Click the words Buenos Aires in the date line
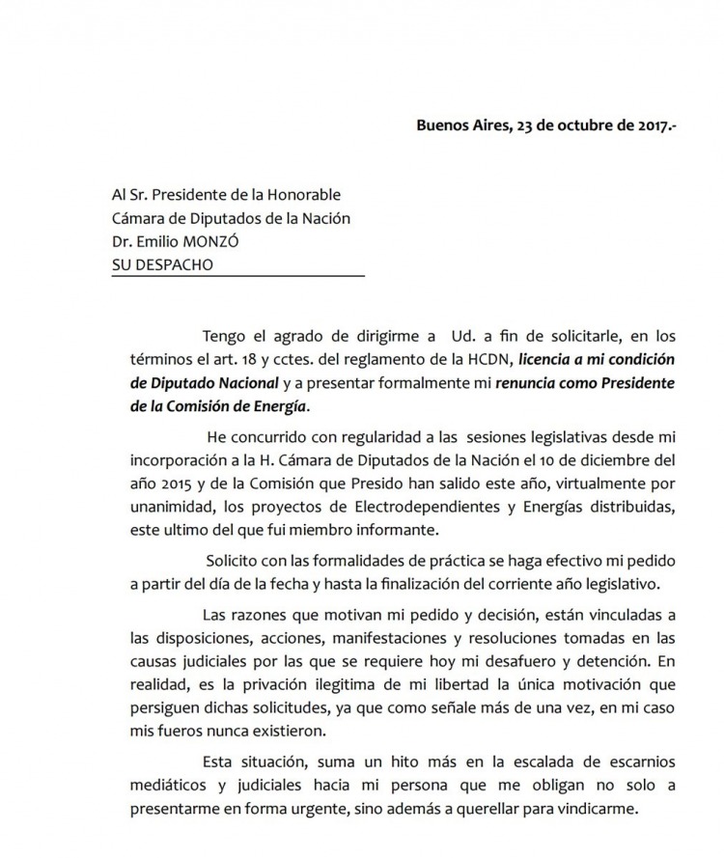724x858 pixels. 460,125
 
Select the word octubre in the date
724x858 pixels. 574,125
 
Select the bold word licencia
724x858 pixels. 551,359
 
